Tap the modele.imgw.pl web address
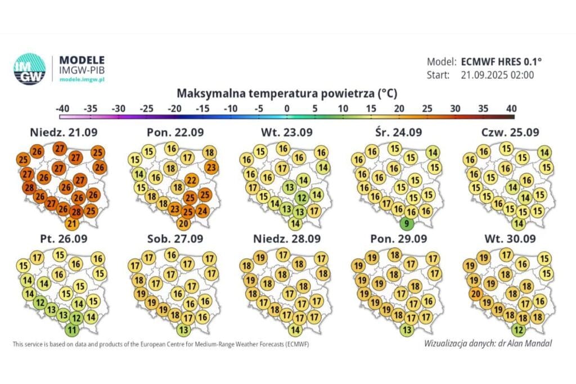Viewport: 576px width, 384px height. tap(82, 80)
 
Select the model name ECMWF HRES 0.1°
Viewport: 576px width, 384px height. tap(501, 62)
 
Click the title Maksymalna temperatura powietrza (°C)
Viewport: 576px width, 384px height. tap(287, 93)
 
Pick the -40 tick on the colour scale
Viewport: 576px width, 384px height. tap(62, 108)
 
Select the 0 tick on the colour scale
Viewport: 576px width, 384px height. tap(286, 108)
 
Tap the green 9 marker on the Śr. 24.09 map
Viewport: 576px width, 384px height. tap(408, 224)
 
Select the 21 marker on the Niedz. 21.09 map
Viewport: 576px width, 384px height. tap(72, 224)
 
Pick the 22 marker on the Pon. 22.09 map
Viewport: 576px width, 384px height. tap(192, 180)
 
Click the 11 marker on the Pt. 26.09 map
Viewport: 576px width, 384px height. tap(72, 329)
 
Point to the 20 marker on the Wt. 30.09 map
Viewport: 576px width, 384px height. tap(475, 292)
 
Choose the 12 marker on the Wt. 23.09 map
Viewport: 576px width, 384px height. tap(301, 197)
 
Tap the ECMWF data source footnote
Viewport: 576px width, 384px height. tap(160, 344)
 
